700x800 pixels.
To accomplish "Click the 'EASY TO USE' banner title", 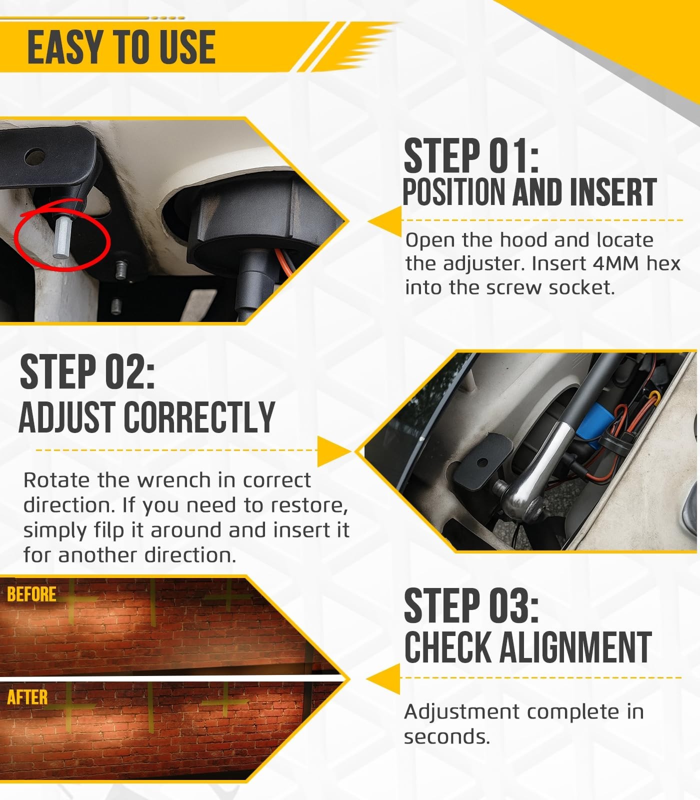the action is click(x=121, y=47).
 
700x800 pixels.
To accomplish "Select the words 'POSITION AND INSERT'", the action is click(x=529, y=192).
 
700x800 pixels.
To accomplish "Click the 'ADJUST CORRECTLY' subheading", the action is click(x=147, y=417).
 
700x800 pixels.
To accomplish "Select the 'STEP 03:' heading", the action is click(x=471, y=605).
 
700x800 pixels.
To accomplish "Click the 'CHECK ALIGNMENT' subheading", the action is click(x=528, y=647).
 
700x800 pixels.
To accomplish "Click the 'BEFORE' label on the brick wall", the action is click(x=31, y=594).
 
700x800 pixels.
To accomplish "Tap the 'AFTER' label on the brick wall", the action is click(x=27, y=697).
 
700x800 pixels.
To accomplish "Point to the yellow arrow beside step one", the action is click(x=385, y=221).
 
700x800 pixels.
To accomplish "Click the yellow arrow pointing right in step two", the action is click(x=334, y=450).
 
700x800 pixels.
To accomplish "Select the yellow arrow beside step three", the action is click(x=383, y=679).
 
